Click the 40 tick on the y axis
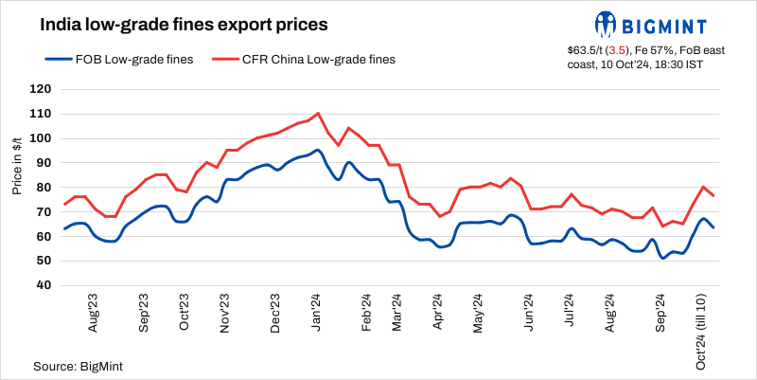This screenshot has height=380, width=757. tap(43, 285)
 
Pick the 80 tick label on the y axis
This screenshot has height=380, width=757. tap(43, 188)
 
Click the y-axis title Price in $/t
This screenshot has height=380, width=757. tap(18, 162)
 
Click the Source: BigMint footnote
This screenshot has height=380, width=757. tap(79, 365)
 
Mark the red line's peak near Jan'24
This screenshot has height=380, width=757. tap(317, 113)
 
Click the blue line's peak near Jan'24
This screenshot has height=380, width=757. tap(317, 150)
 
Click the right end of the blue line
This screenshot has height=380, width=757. tap(713, 227)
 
